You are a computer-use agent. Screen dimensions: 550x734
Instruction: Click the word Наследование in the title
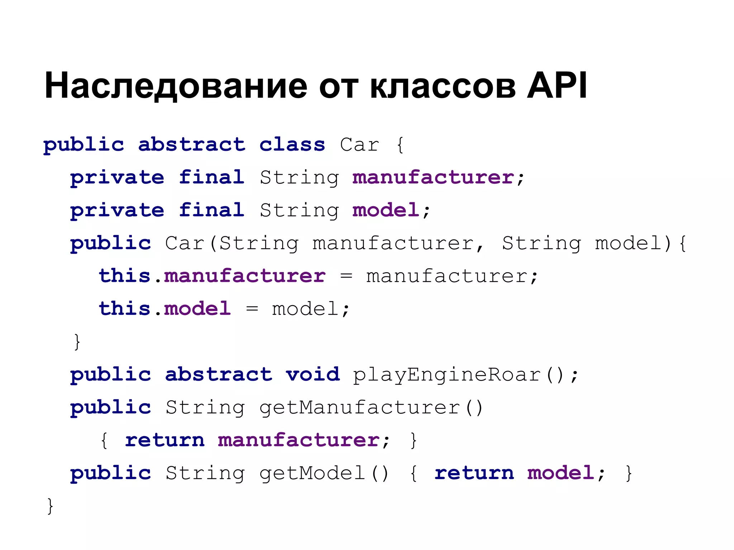tap(176, 86)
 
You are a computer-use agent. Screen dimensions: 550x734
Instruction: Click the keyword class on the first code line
tap(292, 145)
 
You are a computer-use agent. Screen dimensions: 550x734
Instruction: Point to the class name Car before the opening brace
tap(359, 145)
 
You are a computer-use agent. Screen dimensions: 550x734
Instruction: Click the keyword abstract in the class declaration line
tap(192, 145)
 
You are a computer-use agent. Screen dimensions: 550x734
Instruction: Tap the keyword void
tap(313, 375)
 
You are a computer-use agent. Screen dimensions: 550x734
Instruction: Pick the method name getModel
tap(312, 473)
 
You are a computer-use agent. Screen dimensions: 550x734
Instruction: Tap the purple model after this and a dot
tap(197, 309)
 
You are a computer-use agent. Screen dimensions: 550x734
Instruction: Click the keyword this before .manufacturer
tap(124, 276)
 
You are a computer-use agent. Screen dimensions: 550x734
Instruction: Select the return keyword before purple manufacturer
tap(165, 440)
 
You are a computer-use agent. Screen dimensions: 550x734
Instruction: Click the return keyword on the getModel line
tap(474, 473)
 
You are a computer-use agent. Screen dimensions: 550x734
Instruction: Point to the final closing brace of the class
tap(50, 506)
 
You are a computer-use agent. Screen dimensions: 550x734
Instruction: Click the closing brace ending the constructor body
tap(77, 342)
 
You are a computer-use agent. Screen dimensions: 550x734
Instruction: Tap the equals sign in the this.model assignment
tap(252, 309)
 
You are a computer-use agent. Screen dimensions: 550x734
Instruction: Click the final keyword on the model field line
tap(211, 210)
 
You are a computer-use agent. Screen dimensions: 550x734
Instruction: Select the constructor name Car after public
tap(185, 243)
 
